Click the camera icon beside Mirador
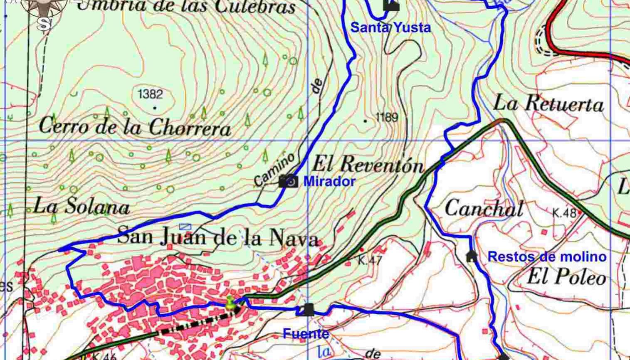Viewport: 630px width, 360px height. point(288,181)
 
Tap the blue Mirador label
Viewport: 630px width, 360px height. point(329,181)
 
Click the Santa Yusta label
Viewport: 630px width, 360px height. point(390,28)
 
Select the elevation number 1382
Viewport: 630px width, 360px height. point(150,94)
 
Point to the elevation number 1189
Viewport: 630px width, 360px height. point(387,117)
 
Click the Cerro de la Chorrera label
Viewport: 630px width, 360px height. point(135,126)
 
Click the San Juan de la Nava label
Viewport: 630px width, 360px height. point(218,237)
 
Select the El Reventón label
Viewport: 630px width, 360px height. point(368,165)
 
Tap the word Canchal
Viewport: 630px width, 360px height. point(484,208)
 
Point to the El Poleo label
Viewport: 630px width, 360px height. point(566,277)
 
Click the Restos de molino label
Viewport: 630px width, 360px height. point(547,257)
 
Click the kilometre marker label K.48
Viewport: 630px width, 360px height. point(564,213)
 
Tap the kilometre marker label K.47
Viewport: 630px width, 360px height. point(370,261)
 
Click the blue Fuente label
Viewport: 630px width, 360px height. point(306,333)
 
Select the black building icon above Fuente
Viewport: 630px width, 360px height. point(308,310)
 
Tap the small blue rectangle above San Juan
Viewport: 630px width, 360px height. point(185,227)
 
